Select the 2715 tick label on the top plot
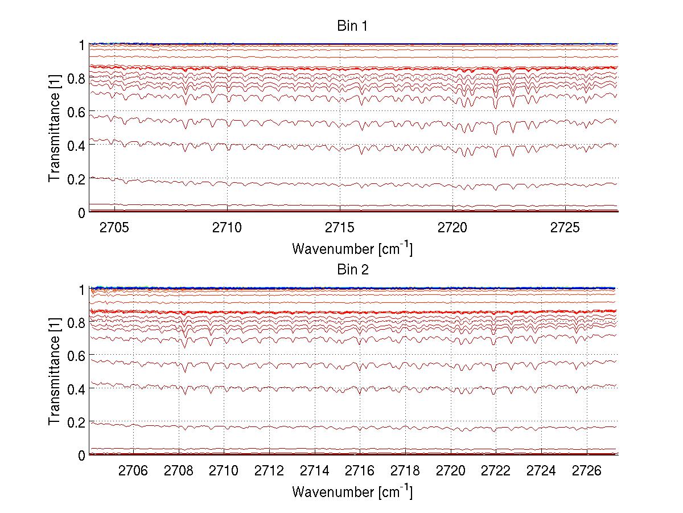(x=340, y=227)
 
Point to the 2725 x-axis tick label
(x=565, y=227)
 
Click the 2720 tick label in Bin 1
(x=452, y=227)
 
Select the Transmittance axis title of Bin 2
(x=54, y=372)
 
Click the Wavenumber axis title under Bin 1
(x=352, y=248)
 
